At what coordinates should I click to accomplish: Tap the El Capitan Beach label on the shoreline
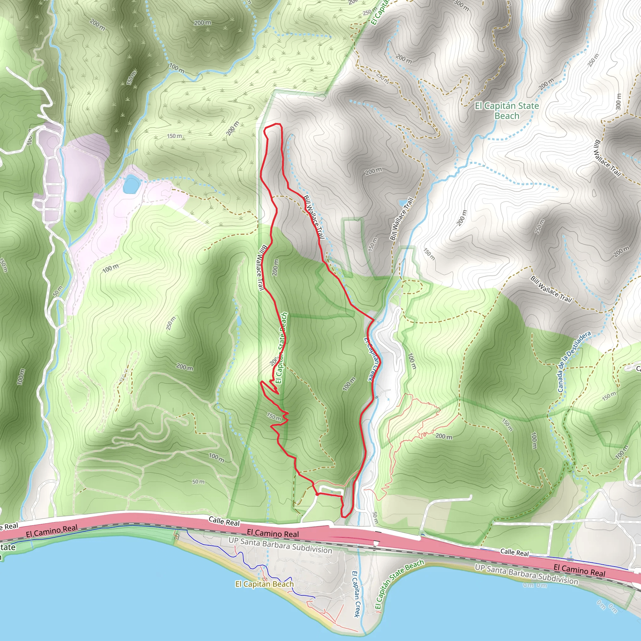click(264, 584)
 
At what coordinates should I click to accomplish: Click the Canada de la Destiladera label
click(574, 361)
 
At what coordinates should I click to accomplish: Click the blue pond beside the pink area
click(131, 184)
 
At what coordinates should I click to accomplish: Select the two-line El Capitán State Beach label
click(507, 110)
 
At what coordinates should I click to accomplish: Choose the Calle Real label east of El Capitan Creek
click(514, 552)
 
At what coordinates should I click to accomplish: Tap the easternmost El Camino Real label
click(579, 570)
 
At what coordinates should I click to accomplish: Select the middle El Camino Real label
click(273, 534)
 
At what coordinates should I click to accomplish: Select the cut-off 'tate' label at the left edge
click(7, 547)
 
